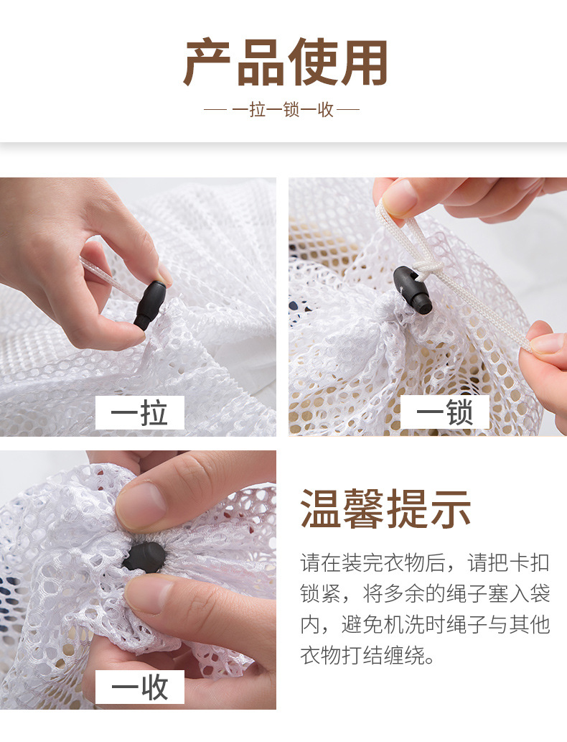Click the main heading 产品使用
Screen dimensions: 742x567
[285, 63]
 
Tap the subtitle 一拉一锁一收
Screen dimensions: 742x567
[283, 110]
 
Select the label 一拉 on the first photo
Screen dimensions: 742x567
[140, 412]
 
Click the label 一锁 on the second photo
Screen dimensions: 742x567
[444, 412]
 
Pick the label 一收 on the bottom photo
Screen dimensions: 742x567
[140, 687]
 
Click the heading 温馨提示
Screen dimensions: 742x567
[385, 509]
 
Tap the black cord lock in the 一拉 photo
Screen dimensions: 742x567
[149, 305]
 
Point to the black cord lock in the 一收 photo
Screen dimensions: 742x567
[143, 557]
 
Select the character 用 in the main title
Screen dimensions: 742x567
[363, 63]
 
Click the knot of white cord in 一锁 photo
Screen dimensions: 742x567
[431, 266]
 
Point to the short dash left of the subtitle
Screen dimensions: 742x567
[215, 110]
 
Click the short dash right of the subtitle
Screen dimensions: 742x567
[349, 110]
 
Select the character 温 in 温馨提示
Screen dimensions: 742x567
[321, 509]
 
